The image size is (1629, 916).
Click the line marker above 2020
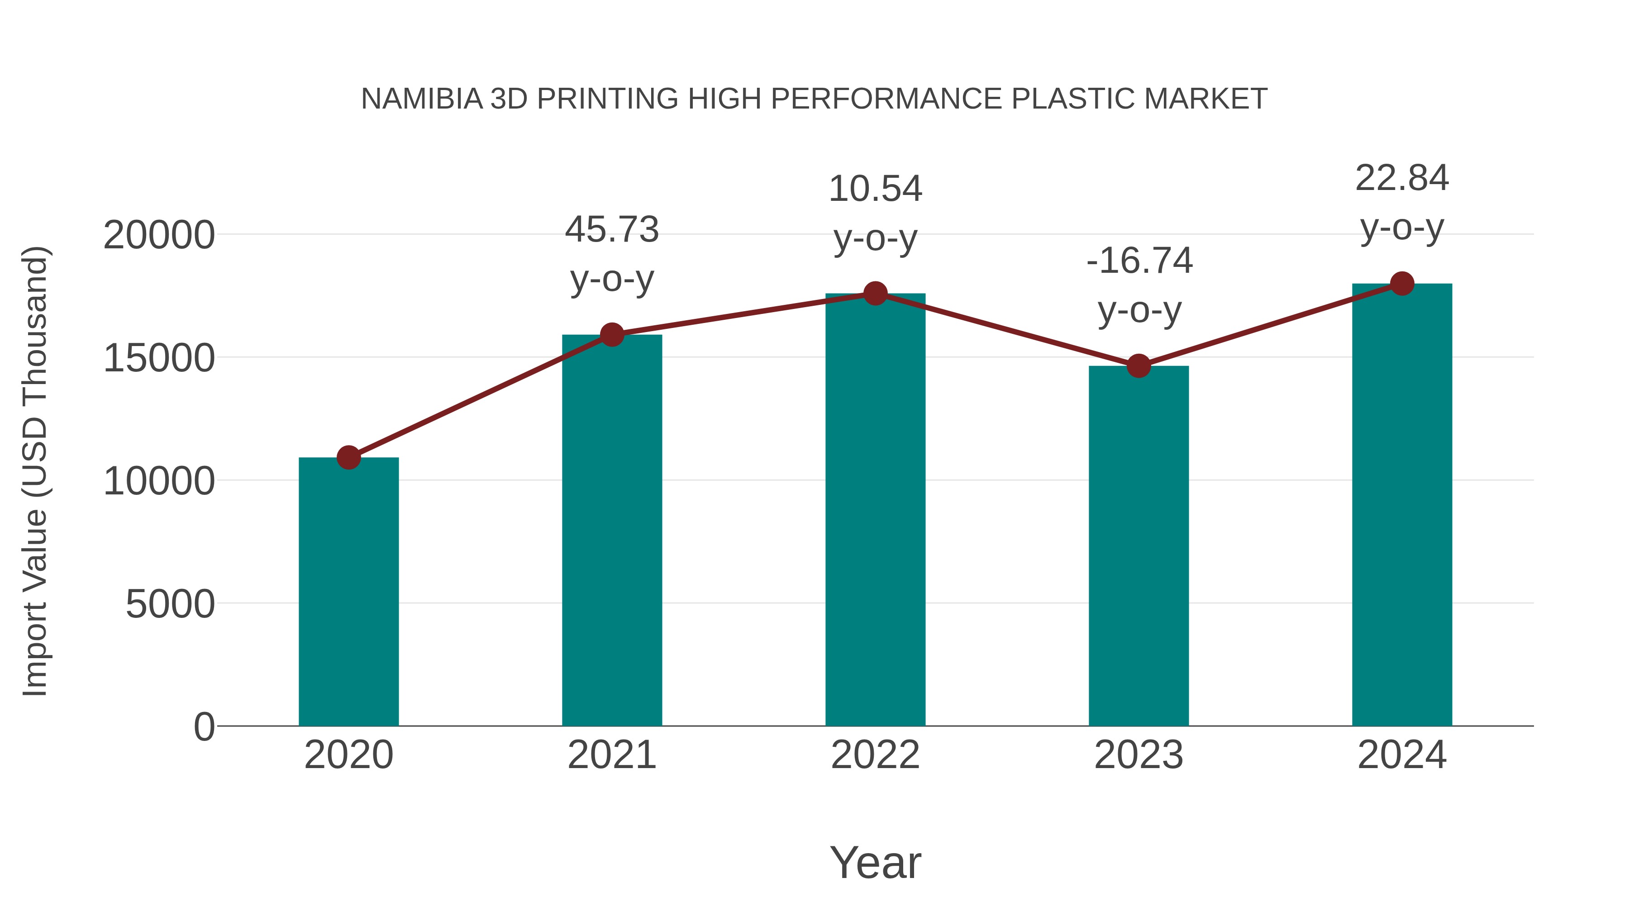coord(348,457)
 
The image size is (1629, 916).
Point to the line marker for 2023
coord(1138,365)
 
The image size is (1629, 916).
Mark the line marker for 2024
coord(1402,283)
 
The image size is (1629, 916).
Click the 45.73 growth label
coord(611,229)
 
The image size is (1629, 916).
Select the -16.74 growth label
coord(1139,261)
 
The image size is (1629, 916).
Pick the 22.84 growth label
coord(1402,178)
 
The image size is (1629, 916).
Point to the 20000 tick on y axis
coord(159,235)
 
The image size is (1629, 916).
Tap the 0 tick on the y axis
coord(204,726)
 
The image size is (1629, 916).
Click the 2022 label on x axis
coord(875,755)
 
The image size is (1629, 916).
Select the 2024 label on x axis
coord(1402,755)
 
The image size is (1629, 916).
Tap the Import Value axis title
coord(35,471)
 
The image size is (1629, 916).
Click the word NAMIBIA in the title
coord(421,99)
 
